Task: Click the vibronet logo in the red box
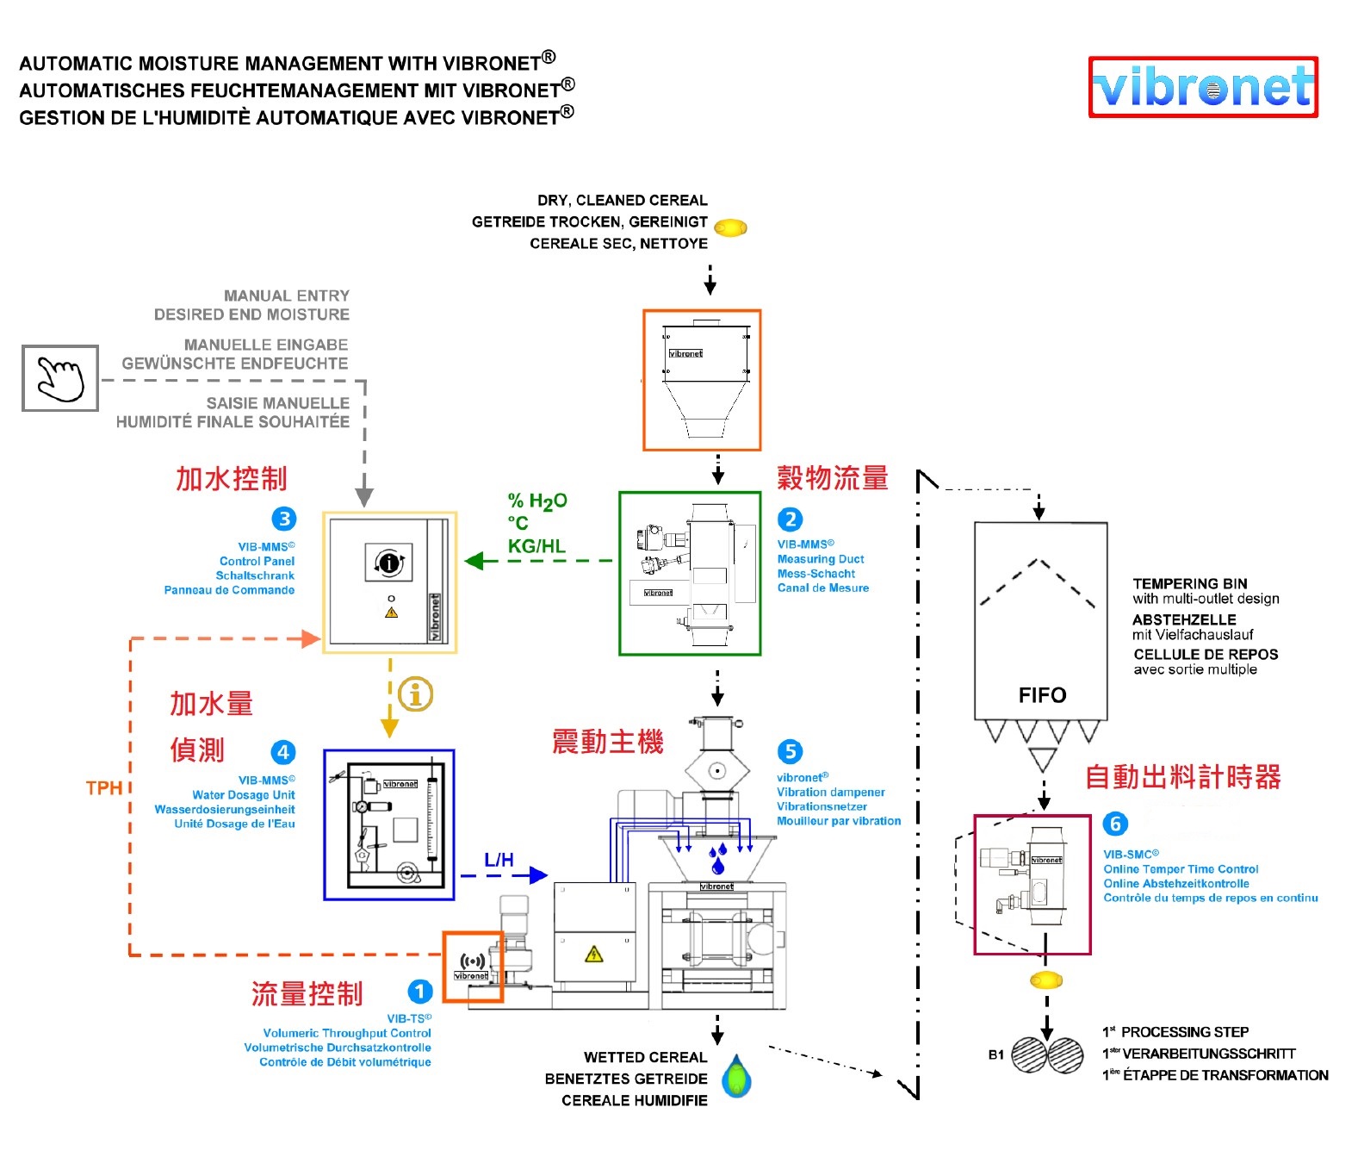click(1203, 87)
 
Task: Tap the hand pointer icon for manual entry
click(60, 378)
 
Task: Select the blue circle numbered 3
click(284, 519)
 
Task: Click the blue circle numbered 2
click(790, 519)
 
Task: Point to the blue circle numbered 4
click(283, 752)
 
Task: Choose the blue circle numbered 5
click(790, 751)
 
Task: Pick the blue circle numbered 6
click(1115, 824)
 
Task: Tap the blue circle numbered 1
click(419, 992)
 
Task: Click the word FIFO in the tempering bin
click(1042, 695)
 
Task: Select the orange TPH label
click(103, 787)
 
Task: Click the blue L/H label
click(499, 860)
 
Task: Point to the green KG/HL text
click(536, 546)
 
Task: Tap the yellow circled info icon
click(416, 694)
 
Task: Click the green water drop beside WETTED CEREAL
click(736, 1077)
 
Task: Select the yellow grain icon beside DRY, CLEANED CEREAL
click(730, 227)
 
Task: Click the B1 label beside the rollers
click(996, 1054)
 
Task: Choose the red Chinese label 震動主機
click(608, 741)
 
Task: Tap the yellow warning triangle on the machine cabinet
click(593, 954)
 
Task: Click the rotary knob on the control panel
click(389, 563)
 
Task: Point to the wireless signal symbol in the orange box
click(472, 961)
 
